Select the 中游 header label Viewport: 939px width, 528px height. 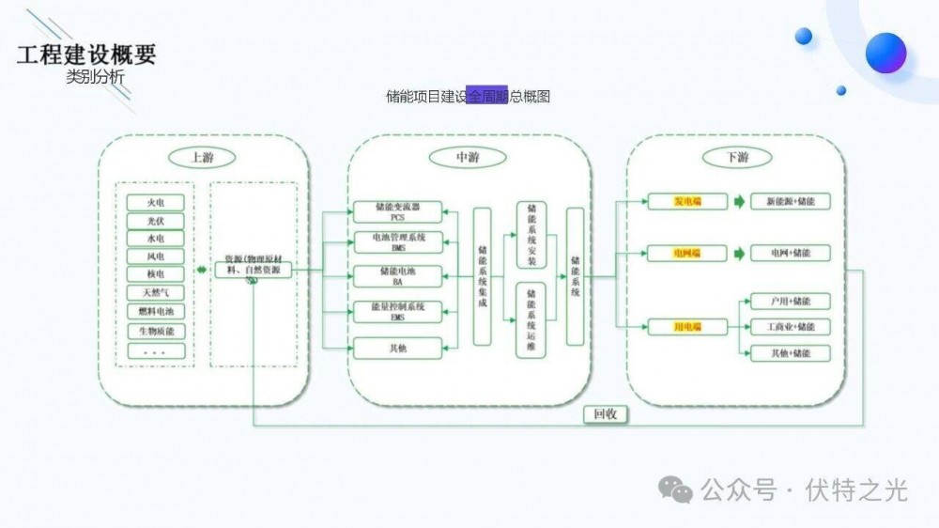pyautogui.click(x=468, y=157)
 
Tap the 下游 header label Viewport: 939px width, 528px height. pyautogui.click(x=737, y=157)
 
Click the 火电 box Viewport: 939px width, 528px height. pyautogui.click(x=156, y=202)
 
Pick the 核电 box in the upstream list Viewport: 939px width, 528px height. pyautogui.click(x=156, y=273)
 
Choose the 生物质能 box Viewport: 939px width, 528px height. pyautogui.click(x=156, y=331)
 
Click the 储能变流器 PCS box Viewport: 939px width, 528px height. pyautogui.click(x=397, y=210)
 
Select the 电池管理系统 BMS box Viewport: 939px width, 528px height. pyautogui.click(x=397, y=242)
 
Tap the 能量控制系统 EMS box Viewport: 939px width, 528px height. pyautogui.click(x=397, y=311)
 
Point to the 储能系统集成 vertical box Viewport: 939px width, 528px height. pyautogui.click(x=482, y=276)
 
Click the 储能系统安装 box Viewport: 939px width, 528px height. pyautogui.click(x=531, y=234)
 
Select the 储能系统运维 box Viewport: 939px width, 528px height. pyautogui.click(x=531, y=319)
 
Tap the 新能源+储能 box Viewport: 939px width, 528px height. pyautogui.click(x=790, y=202)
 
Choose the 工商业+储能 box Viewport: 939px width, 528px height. pyautogui.click(x=790, y=327)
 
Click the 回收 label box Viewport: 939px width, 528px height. pyautogui.click(x=606, y=413)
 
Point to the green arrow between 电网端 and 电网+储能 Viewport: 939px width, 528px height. pyautogui.click(x=739, y=253)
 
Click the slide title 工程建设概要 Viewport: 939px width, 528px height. pyautogui.click(x=86, y=54)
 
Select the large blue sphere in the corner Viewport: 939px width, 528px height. pyautogui.click(x=885, y=53)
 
